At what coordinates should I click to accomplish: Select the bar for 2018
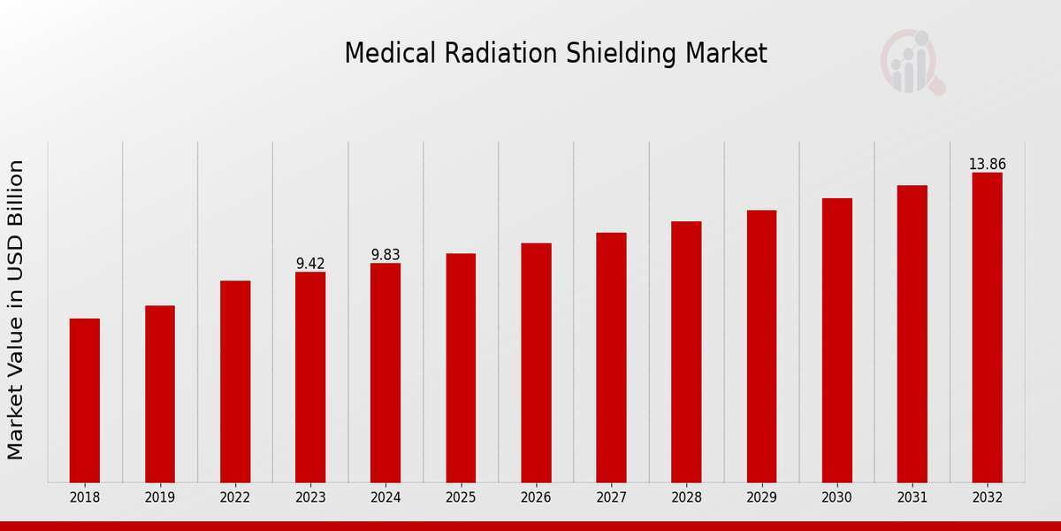point(85,400)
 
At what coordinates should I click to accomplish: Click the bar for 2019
point(160,394)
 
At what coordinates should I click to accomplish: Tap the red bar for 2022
point(235,381)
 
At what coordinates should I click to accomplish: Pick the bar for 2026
point(536,363)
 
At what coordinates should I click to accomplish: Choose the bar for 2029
point(761,346)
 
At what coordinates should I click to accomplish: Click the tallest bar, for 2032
point(987,327)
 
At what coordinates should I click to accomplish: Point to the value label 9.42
point(310,264)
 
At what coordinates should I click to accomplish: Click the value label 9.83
point(385,255)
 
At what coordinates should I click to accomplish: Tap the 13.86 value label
point(987,165)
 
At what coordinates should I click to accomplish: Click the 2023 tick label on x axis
point(310,498)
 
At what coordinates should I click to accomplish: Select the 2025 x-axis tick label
point(461,498)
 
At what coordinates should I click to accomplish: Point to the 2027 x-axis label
point(611,498)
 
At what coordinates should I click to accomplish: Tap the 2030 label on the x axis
point(836,498)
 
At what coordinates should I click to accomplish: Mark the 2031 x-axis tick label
point(912,498)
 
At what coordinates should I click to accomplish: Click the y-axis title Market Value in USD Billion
point(16,310)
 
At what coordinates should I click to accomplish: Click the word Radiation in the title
point(477,54)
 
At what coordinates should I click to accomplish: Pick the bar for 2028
point(686,351)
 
